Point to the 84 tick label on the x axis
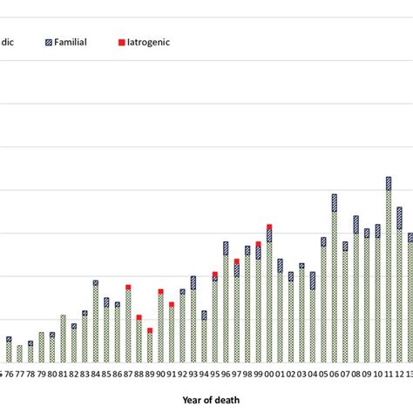click(x=95, y=374)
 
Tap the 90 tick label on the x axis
click(x=160, y=374)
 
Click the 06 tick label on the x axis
click(x=335, y=374)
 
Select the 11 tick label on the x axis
click(x=389, y=374)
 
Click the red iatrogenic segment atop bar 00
click(x=269, y=227)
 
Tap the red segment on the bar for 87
click(x=128, y=287)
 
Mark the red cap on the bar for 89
click(x=150, y=330)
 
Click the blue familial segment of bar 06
click(x=335, y=202)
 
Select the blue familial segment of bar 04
click(x=313, y=280)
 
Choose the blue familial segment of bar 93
click(x=193, y=282)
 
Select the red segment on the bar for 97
click(x=237, y=261)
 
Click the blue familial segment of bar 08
click(x=356, y=224)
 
